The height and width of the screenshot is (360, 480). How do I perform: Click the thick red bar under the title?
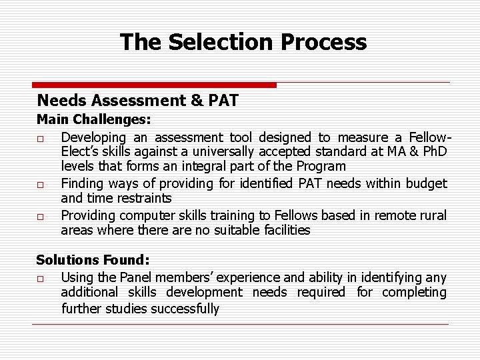tap(154, 85)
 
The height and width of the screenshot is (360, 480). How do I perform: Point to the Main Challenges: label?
tap(93, 121)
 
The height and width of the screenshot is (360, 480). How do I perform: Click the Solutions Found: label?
tap(93, 260)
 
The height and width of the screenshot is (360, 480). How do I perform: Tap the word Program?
tap(322, 167)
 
